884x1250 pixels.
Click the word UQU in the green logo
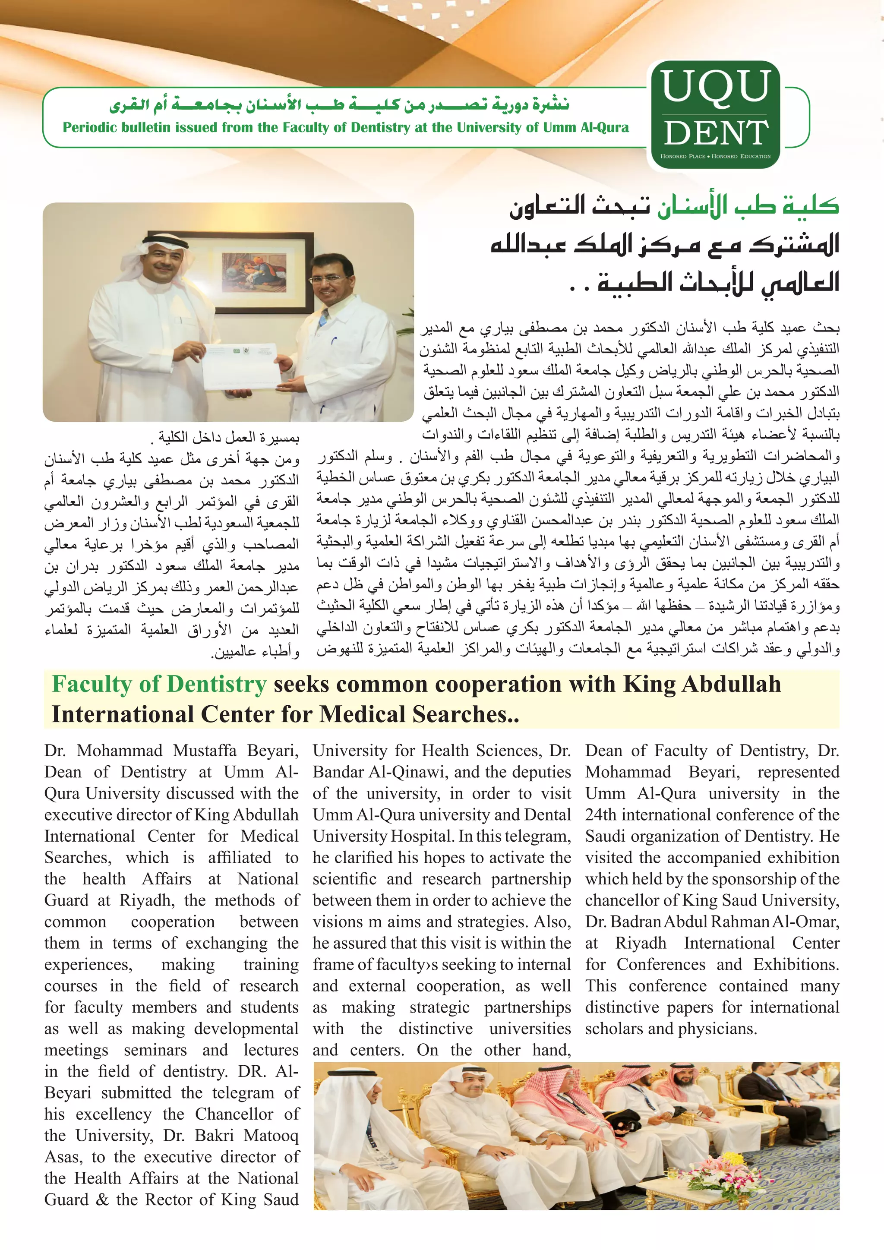[x=716, y=86]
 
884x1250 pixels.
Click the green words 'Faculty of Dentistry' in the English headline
[x=159, y=684]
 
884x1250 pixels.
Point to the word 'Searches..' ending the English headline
[x=465, y=714]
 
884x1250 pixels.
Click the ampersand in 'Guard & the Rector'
[x=102, y=1200]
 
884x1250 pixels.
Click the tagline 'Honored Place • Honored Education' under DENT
[x=715, y=156]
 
